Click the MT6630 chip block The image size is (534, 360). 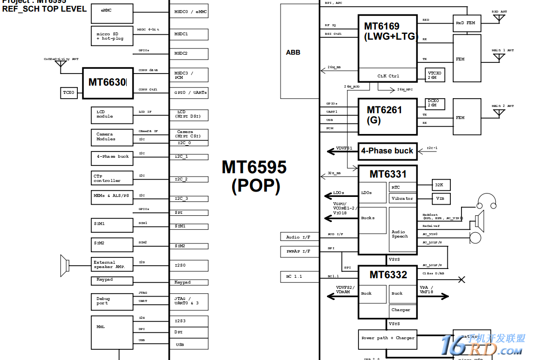(107, 83)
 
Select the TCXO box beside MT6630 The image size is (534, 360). (69, 92)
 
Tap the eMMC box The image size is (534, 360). (112, 13)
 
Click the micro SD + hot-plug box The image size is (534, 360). (112, 36)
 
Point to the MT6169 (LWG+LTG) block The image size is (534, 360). (387, 42)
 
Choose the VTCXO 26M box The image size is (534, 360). (435, 75)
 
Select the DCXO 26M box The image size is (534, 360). (435, 104)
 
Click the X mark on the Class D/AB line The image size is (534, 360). (461, 279)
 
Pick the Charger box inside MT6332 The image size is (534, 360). (402, 310)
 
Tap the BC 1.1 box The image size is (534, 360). (299, 276)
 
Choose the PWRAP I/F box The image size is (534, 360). (299, 252)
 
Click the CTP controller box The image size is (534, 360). (112, 178)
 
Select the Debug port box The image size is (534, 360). (112, 301)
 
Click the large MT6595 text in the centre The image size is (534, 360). (254, 167)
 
